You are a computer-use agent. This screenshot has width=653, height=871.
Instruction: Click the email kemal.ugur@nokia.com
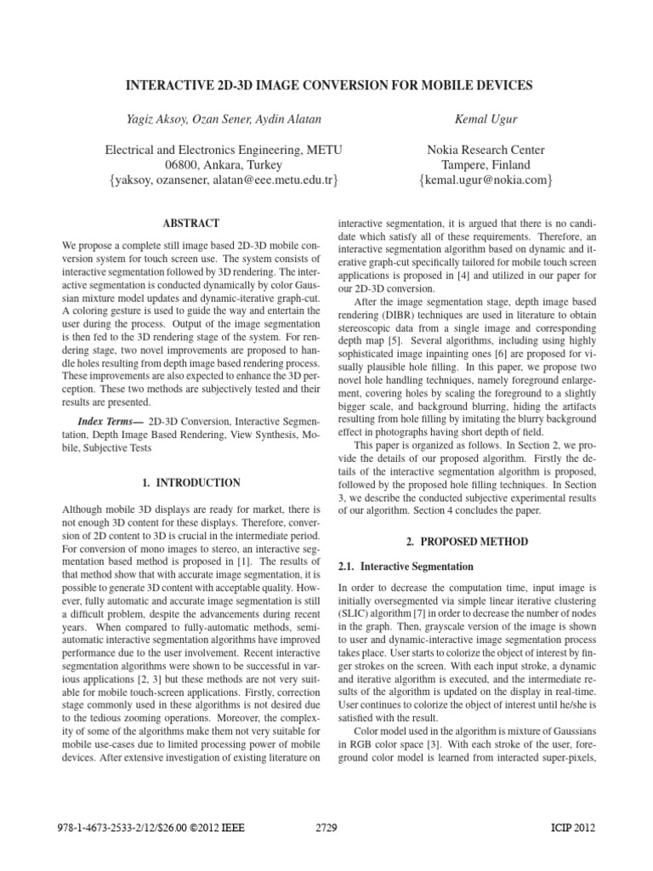tap(485, 180)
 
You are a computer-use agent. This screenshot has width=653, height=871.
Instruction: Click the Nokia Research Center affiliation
tap(485, 150)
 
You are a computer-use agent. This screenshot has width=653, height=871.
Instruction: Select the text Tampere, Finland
tap(485, 165)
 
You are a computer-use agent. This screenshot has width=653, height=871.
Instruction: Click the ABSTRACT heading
tap(193, 223)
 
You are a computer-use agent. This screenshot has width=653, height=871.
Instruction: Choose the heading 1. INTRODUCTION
tap(192, 483)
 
